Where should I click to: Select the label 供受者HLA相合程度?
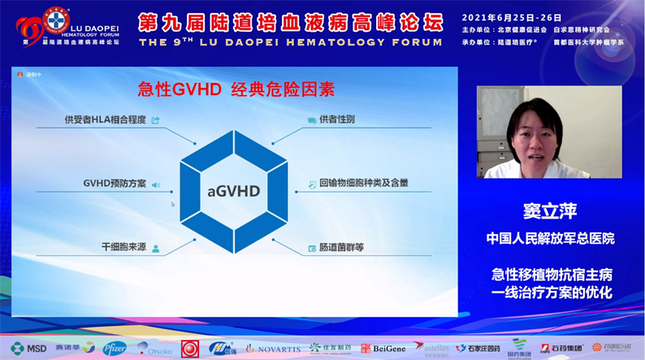[105, 120]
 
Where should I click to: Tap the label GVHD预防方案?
[115, 184]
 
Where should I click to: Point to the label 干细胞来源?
[123, 246]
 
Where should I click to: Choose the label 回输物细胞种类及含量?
[363, 184]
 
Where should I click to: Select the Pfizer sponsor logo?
[115, 348]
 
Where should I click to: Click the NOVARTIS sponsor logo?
[273, 348]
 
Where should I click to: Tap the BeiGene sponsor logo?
[383, 348]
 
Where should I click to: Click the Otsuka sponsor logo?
[155, 348]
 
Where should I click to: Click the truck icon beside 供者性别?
[311, 120]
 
